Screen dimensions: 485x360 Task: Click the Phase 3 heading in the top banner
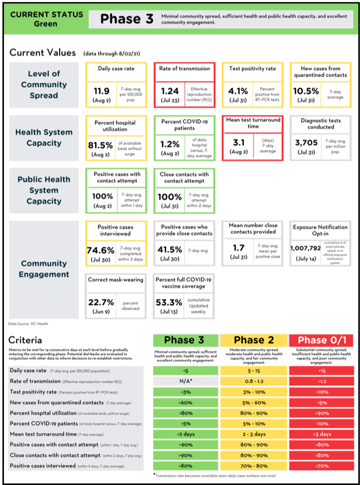click(126, 19)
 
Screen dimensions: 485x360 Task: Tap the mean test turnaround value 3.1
click(238, 144)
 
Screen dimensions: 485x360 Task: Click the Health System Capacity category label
click(43, 137)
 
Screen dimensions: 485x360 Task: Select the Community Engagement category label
click(43, 269)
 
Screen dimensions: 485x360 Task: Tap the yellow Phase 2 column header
click(253, 340)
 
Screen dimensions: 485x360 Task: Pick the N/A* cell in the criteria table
click(185, 382)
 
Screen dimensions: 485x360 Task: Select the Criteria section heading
click(26, 340)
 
